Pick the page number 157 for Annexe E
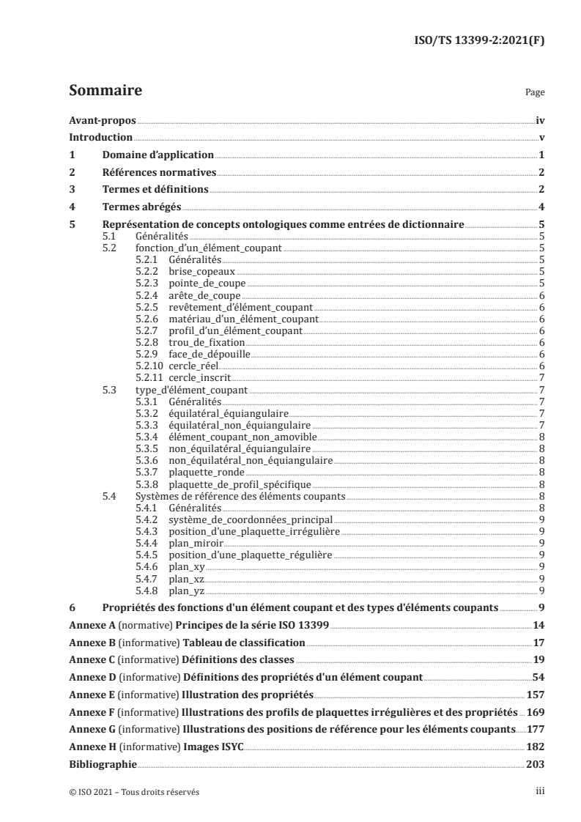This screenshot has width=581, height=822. [534, 693]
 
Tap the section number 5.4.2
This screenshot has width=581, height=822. [148, 519]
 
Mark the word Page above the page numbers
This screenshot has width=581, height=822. [535, 93]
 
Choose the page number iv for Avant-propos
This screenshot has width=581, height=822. [539, 119]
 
